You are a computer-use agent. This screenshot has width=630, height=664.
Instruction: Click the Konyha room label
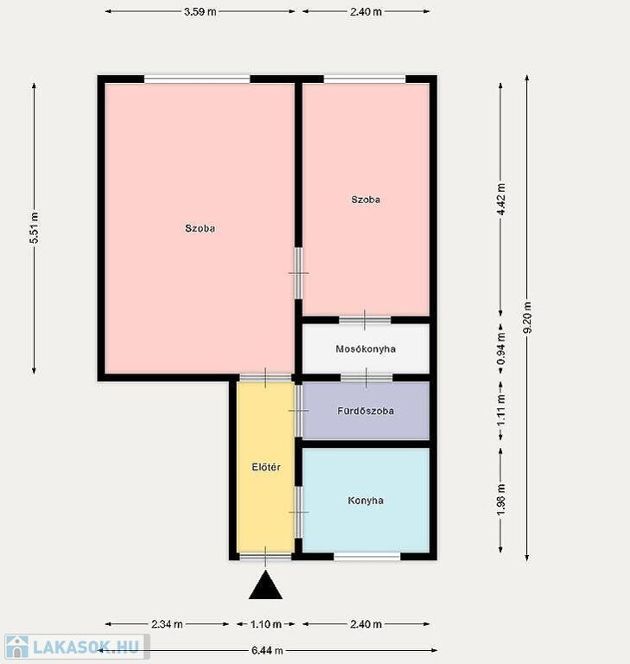click(x=366, y=501)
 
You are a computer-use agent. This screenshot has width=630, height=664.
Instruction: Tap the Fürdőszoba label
click(x=366, y=411)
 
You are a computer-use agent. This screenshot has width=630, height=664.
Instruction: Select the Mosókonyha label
click(x=366, y=349)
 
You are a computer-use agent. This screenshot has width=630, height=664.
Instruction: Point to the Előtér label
click(x=266, y=467)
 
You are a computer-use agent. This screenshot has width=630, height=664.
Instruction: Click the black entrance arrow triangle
click(x=265, y=585)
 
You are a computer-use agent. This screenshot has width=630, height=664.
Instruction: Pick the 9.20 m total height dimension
click(x=527, y=317)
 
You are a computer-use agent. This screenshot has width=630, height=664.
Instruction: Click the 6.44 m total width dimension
click(x=267, y=650)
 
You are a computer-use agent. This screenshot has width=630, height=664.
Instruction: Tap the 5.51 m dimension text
click(x=35, y=228)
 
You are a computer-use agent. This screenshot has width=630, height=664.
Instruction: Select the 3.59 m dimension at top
click(x=200, y=11)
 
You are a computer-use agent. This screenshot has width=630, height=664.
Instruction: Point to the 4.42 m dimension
click(x=501, y=199)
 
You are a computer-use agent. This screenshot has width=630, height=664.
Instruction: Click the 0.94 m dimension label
click(x=501, y=348)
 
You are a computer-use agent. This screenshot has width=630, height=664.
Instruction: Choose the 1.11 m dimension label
click(x=501, y=411)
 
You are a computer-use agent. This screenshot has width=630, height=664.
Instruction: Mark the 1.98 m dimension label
click(x=501, y=500)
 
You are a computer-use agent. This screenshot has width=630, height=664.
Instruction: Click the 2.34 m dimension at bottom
click(x=167, y=623)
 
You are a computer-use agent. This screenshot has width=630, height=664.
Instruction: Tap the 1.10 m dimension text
click(x=266, y=623)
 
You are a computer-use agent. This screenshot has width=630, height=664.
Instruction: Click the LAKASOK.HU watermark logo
click(x=77, y=647)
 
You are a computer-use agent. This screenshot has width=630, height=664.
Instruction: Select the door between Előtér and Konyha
click(x=299, y=512)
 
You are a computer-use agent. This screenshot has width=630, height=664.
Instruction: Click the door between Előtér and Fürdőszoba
click(x=299, y=411)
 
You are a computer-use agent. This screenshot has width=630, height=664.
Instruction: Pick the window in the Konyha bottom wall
click(x=367, y=557)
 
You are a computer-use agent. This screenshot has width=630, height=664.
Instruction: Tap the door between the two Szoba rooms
click(x=299, y=273)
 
